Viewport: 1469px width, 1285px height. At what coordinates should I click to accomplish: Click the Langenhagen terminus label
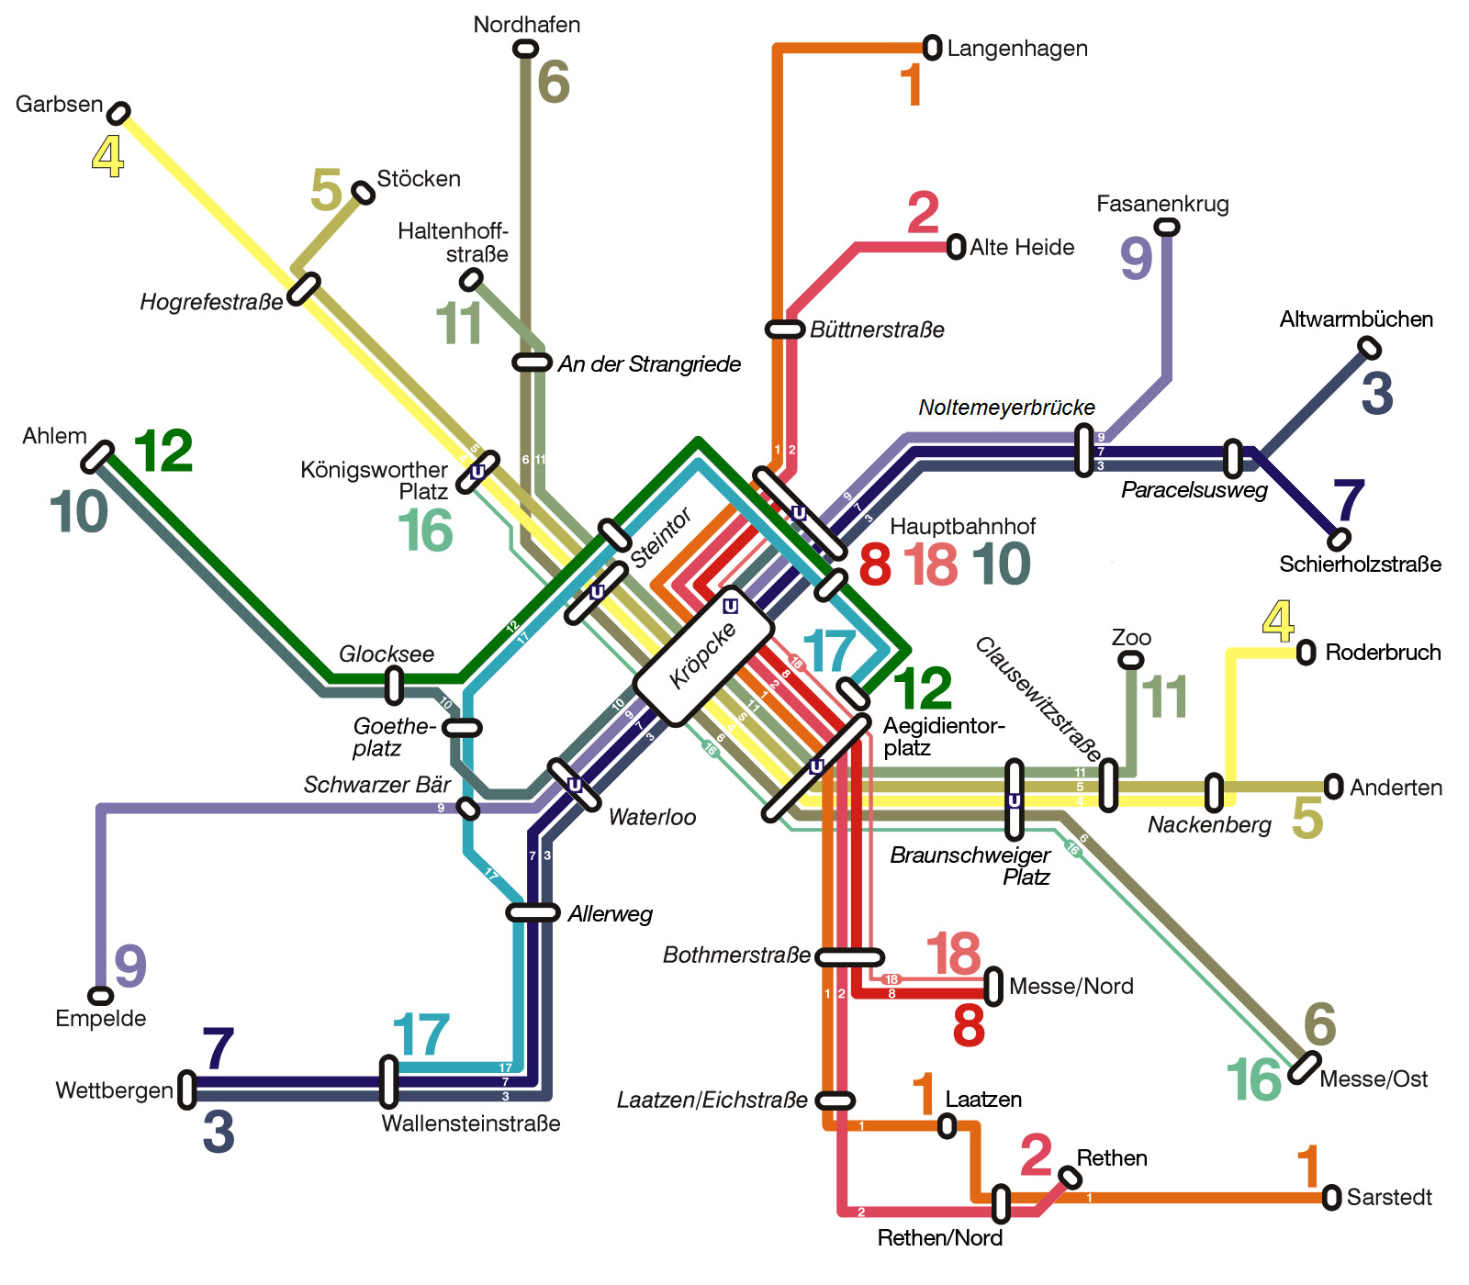[x=1017, y=49]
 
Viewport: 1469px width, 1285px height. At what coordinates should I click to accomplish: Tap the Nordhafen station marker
[x=526, y=48]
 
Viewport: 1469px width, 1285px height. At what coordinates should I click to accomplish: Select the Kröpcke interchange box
[x=704, y=655]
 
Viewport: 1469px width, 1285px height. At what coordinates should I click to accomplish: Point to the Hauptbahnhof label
[x=962, y=526]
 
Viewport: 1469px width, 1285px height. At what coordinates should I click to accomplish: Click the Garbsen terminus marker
[x=118, y=113]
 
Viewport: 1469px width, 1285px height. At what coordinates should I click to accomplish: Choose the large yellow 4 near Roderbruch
[x=1278, y=622]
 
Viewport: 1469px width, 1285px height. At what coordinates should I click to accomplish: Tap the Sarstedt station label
[x=1389, y=1197]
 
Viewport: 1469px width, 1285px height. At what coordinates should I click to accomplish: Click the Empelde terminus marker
[x=100, y=996]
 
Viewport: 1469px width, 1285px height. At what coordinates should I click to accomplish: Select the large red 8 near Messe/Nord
[x=969, y=1025]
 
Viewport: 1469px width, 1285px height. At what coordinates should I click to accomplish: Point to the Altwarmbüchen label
[x=1356, y=319]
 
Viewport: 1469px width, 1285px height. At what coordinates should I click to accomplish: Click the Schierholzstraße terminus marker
[x=1340, y=538]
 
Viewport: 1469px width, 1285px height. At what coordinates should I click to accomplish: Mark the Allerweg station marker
[x=533, y=912]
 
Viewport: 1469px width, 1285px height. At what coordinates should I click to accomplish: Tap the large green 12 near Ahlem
[x=163, y=452]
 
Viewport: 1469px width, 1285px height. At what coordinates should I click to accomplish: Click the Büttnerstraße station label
[x=877, y=330]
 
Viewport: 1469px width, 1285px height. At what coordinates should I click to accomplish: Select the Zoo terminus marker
[x=1131, y=660]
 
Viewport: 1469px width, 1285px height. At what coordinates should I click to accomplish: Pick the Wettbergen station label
[x=115, y=1090]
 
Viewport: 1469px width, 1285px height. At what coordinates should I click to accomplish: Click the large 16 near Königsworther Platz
[x=425, y=531]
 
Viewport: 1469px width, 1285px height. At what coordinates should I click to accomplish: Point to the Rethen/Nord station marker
[x=1001, y=1204]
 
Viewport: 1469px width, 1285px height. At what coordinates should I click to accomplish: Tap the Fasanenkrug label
[x=1162, y=204]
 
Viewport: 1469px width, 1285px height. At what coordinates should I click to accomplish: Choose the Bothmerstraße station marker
[x=850, y=957]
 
